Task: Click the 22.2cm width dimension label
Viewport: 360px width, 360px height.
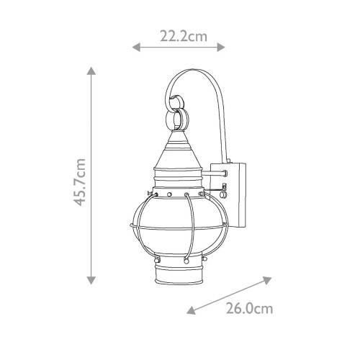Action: pyautogui.click(x=184, y=37)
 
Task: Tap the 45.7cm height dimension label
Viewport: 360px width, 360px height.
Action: pyautogui.click(x=80, y=182)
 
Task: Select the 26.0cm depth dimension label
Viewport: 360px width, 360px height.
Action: pyautogui.click(x=250, y=309)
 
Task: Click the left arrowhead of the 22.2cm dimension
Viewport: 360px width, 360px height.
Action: pyautogui.click(x=136, y=48)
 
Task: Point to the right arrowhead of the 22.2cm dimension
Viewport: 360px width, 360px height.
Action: pyautogui.click(x=221, y=48)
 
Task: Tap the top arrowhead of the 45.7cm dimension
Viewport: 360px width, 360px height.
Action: pyautogui.click(x=91, y=71)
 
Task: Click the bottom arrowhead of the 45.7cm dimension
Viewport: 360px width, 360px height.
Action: pyautogui.click(x=91, y=280)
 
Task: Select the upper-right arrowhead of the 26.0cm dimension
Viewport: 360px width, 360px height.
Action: pyautogui.click(x=267, y=280)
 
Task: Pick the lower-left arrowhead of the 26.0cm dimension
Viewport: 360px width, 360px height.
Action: pyautogui.click(x=192, y=310)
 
